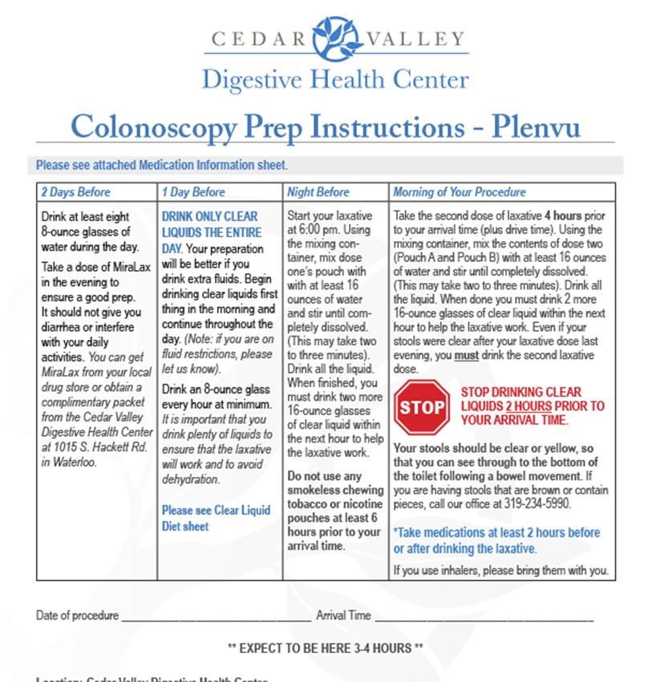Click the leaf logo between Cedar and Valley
[335, 37]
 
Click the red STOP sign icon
[422, 406]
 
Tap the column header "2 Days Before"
[75, 192]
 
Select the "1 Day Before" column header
[193, 192]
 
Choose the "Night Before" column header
[318, 192]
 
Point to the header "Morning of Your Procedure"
[460, 192]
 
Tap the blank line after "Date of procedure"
[216, 618]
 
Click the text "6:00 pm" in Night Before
[319, 231]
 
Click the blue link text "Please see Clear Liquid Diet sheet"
[216, 518]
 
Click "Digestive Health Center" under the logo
[335, 79]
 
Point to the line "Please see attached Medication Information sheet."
[161, 166]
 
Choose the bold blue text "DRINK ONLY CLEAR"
[209, 216]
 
